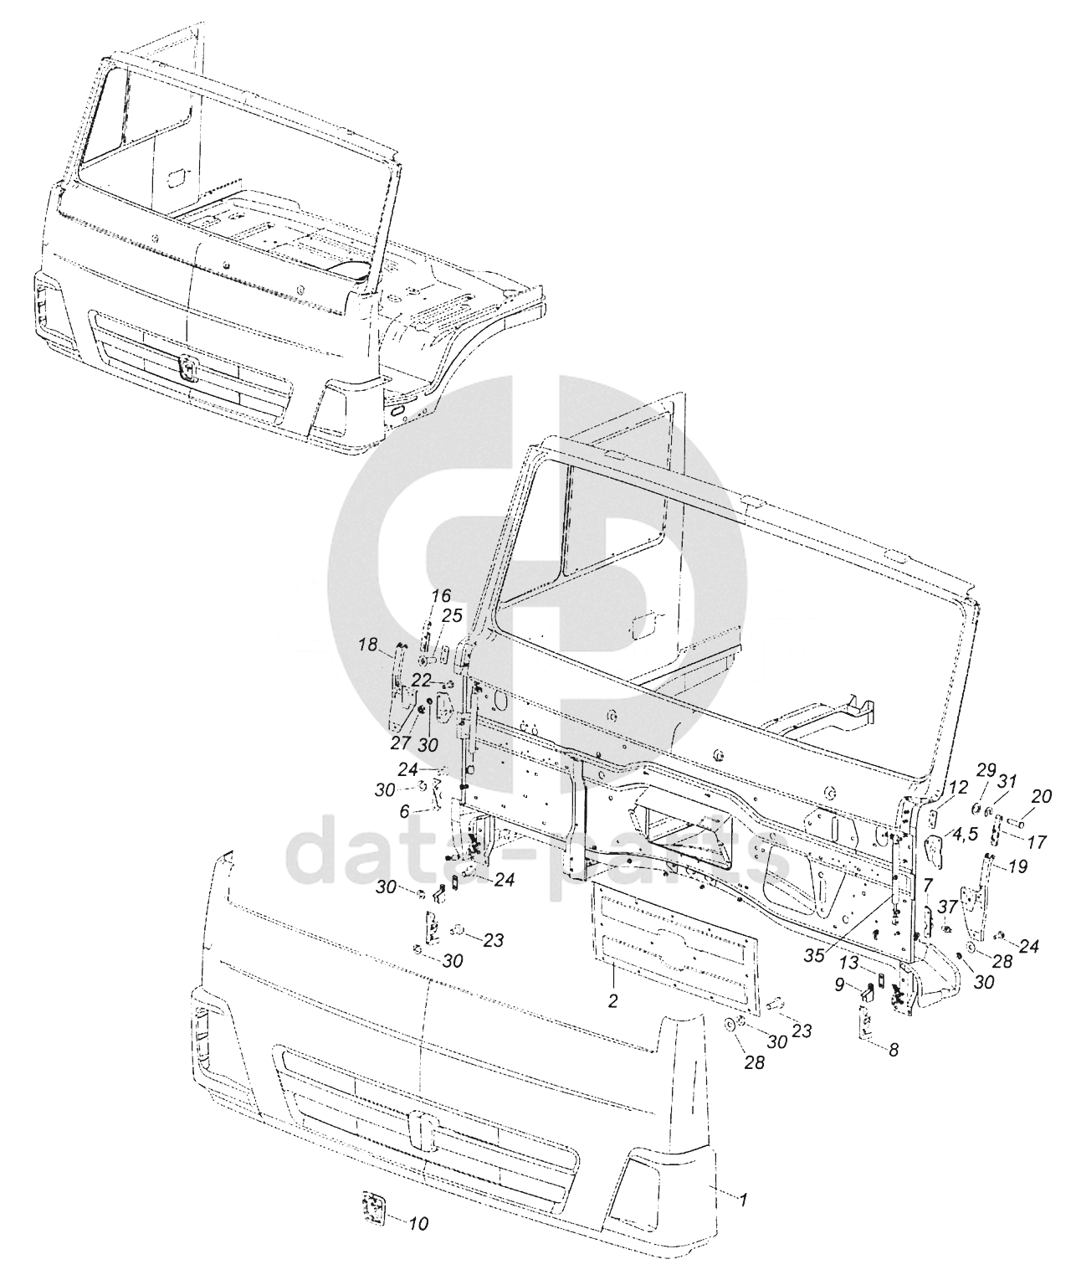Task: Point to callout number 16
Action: [441, 596]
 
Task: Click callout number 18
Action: [368, 645]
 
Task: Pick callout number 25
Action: [452, 616]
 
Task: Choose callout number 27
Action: [401, 743]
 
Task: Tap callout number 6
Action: [404, 812]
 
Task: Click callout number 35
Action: [815, 955]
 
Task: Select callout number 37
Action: [948, 907]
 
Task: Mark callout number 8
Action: [894, 1049]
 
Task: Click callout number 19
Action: [1018, 866]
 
